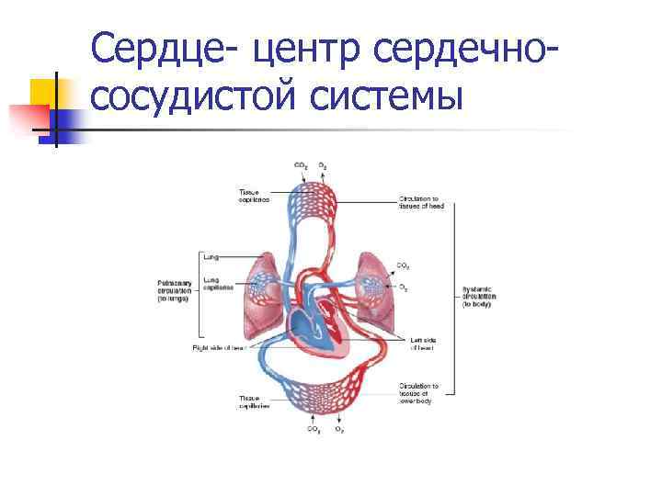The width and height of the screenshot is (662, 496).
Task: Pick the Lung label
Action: coord(211,257)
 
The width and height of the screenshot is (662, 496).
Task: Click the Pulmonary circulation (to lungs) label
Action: coord(174,289)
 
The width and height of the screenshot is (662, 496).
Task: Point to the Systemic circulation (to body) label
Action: coord(478,296)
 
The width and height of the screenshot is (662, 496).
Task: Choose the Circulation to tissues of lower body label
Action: coord(419,392)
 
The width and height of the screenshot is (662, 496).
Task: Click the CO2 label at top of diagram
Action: coord(301,164)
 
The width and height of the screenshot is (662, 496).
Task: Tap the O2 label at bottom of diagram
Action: coord(339,429)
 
